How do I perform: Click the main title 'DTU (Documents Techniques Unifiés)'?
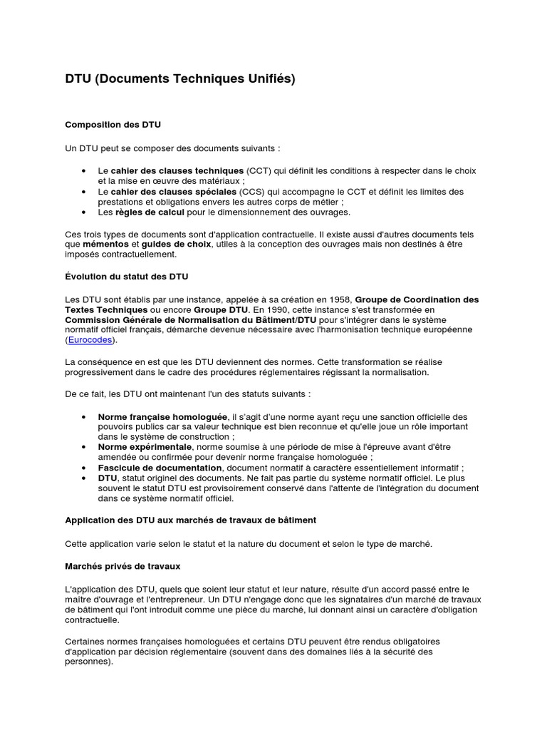[180, 79]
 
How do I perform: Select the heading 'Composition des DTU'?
[113, 125]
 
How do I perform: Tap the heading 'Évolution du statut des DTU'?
[127, 276]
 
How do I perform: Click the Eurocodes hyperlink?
[90, 340]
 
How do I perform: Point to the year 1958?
[338, 299]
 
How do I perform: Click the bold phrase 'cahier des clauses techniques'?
[177, 171]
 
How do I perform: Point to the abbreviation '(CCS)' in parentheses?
[254, 192]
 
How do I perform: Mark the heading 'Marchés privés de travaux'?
[123, 566]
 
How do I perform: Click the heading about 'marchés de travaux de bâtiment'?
[190, 520]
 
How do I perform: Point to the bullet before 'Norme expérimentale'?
[85, 447]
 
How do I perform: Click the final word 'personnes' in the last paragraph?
[87, 661]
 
